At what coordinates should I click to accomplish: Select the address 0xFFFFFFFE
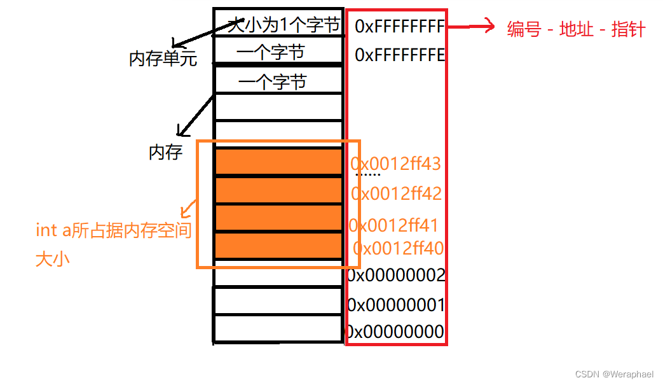coord(399,55)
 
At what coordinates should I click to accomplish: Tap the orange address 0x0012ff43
coord(395,164)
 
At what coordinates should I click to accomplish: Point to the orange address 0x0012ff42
coord(397,193)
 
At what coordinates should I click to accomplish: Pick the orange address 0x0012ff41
coord(393,225)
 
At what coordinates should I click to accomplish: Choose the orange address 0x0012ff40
coord(399,248)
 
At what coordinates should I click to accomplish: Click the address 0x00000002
coord(395,276)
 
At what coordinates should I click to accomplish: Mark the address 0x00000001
coord(395,305)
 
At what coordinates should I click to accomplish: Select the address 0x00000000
coord(394,332)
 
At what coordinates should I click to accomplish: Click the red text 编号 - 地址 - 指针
coord(576,29)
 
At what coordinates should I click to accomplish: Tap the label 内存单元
coord(163,59)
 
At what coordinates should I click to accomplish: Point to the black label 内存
coord(166,152)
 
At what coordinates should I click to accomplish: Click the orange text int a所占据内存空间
coord(114,230)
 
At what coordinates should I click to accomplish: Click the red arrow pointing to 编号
coord(471,27)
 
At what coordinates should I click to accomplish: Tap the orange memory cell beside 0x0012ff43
coord(278,162)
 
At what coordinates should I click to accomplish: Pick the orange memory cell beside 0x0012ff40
coord(278,245)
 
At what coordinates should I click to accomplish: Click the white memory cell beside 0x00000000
coord(278,329)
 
